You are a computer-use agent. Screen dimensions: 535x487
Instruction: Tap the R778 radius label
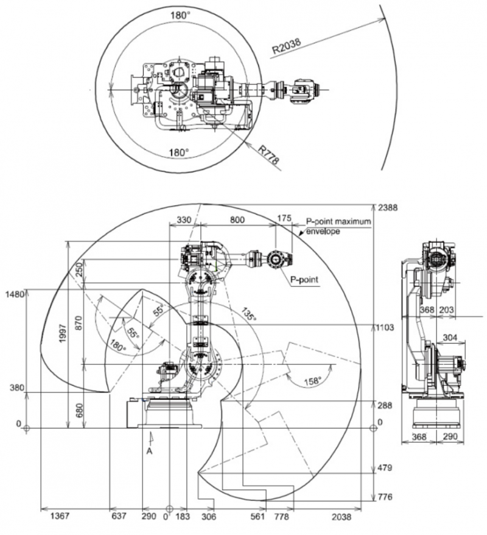268,154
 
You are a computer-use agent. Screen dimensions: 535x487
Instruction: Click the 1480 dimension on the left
13,294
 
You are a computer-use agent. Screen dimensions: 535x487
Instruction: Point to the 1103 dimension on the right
387,327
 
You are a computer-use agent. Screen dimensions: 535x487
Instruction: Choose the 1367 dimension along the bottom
60,517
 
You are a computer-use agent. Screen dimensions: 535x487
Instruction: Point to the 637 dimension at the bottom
120,517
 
